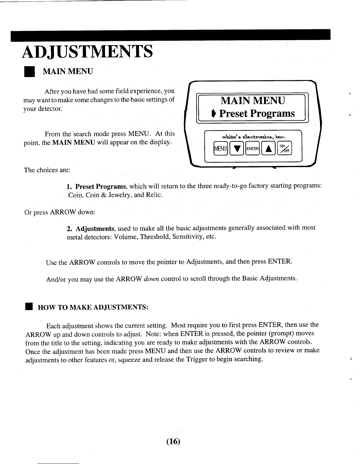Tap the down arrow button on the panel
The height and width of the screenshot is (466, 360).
[237, 149]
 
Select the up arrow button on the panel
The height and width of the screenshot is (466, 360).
[268, 149]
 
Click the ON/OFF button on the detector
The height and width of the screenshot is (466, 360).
[284, 149]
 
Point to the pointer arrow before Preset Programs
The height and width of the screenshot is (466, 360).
[214, 114]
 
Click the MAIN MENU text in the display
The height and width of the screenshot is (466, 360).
[253, 101]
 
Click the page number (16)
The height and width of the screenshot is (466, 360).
[173, 442]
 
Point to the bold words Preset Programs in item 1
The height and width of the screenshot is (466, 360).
[101, 187]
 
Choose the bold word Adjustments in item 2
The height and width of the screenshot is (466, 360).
[95, 229]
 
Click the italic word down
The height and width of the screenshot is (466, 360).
[152, 279]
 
